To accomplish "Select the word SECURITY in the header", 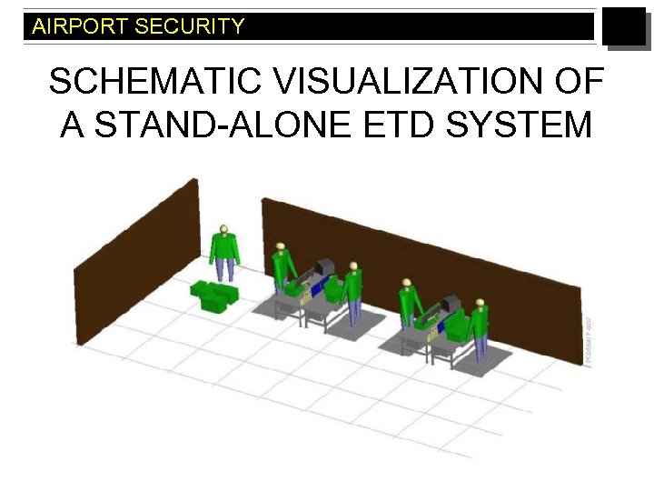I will (x=189, y=26).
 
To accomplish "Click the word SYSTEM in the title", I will (x=518, y=124).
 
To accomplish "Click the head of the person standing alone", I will (x=223, y=229).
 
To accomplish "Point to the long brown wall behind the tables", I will (x=418, y=264).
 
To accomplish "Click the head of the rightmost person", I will (x=480, y=303).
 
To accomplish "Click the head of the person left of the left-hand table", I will (x=282, y=246).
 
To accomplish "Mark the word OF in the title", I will (x=578, y=82).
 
